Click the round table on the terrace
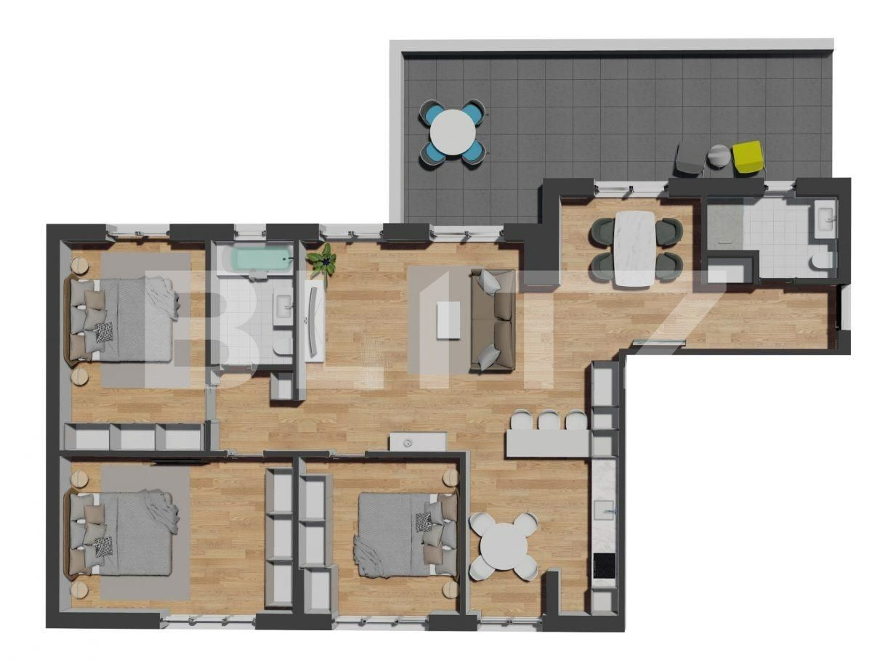tap(453, 131)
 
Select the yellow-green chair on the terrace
tap(748, 157)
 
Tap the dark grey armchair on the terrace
tap(689, 159)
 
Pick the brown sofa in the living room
tap(495, 319)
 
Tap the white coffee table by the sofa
tap(448, 319)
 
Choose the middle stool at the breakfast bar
tap(549, 420)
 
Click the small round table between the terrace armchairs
tap(719, 156)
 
